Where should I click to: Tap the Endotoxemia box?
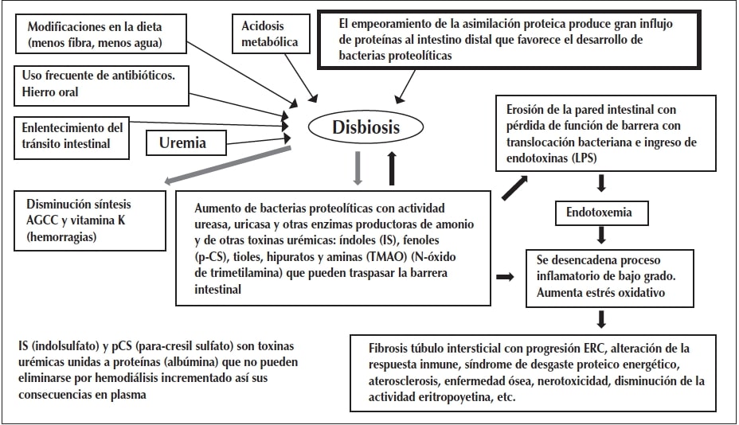[x=600, y=213]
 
